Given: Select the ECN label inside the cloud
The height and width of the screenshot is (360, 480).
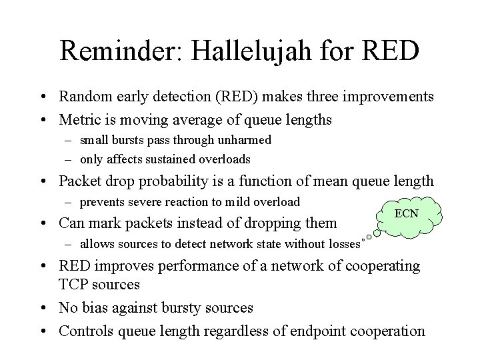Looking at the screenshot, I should pyautogui.click(x=407, y=213).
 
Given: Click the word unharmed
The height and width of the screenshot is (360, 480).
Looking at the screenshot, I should pyautogui.click(x=248, y=140).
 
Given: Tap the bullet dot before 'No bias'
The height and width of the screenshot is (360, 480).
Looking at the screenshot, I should pyautogui.click(x=49, y=308).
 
